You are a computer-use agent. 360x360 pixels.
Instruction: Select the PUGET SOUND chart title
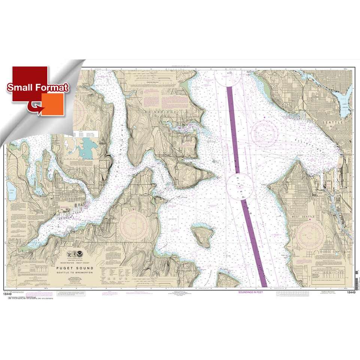coord(75,268)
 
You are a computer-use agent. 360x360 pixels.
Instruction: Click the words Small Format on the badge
coord(37,88)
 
